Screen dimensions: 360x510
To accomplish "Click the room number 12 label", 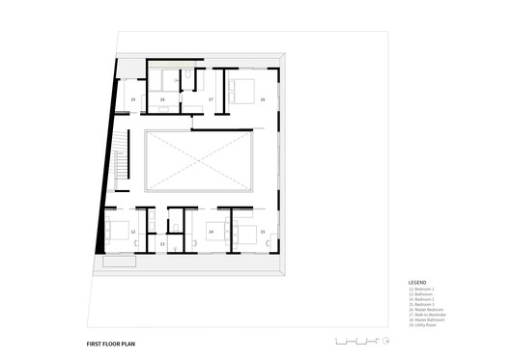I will [x=133, y=233].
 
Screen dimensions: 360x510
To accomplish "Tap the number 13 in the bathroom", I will [x=162, y=245].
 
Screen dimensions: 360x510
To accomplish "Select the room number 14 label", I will [x=211, y=233].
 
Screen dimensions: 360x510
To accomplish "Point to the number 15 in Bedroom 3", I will [x=263, y=233].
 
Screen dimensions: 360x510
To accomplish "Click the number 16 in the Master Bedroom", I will [x=262, y=98].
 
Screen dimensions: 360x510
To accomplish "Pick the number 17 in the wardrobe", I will [x=211, y=98].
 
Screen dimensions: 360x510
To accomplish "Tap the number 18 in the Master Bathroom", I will [x=162, y=98].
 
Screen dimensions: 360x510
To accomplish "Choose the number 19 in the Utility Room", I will [x=133, y=98].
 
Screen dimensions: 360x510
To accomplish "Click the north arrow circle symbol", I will [x=385, y=340].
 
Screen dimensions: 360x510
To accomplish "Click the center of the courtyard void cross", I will [x=198, y=160].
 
